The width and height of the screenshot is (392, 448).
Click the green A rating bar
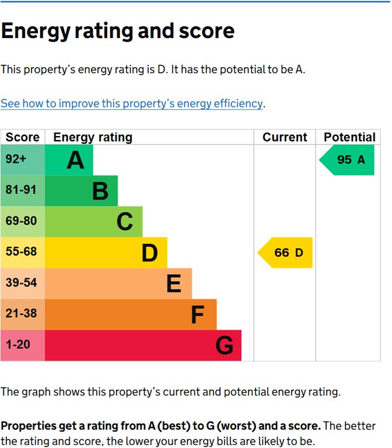point(69,160)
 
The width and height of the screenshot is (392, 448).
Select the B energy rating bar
point(81,191)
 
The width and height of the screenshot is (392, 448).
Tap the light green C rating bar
point(93,222)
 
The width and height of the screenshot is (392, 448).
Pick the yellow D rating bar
point(106,253)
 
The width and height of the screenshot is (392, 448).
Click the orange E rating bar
point(118,283)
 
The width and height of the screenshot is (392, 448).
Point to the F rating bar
point(130,314)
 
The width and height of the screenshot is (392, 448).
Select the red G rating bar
point(143,345)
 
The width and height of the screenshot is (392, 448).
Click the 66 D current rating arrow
point(286,253)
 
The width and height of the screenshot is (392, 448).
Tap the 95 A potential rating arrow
point(348,160)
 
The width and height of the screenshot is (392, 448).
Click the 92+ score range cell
point(22,160)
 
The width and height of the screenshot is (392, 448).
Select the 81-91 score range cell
point(22,191)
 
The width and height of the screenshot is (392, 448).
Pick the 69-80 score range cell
point(22,222)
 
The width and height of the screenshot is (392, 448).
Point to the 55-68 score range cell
point(22,253)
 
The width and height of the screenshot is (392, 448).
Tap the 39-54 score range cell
point(22,283)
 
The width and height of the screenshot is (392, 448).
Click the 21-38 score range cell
point(22,314)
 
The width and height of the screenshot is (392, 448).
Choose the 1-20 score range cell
point(22,345)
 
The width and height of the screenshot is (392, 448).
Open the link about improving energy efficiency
point(132,103)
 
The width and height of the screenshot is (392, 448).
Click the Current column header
point(285,138)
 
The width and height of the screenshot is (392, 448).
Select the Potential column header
point(349,138)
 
